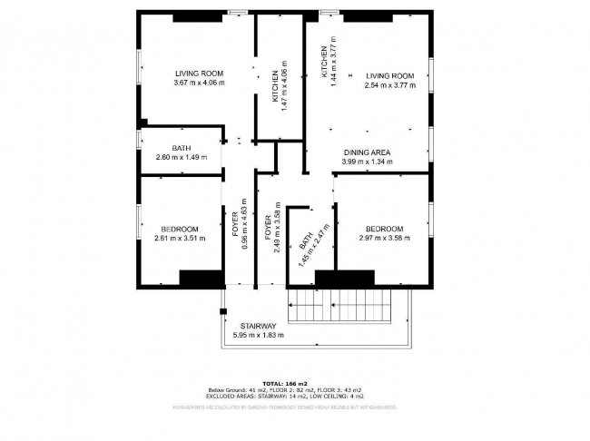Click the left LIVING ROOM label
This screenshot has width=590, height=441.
click(x=199, y=73)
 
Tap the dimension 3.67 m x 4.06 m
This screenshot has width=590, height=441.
click(x=199, y=83)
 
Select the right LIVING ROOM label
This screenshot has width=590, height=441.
click(x=389, y=75)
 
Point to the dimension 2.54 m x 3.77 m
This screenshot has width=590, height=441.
click(x=389, y=85)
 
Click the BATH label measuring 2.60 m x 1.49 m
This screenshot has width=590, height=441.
click(x=182, y=148)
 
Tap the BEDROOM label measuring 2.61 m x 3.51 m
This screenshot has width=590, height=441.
click(x=181, y=229)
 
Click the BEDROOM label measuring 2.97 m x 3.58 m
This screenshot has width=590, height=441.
click(x=384, y=229)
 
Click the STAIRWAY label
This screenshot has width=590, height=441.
click(x=258, y=326)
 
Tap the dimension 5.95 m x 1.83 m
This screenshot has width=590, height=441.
click(x=258, y=335)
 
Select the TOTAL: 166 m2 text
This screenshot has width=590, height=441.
click(x=283, y=384)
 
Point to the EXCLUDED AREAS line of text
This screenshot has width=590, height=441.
click(x=284, y=396)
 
